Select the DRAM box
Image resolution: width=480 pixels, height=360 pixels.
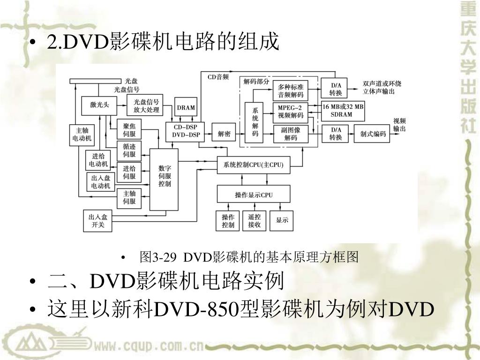click(x=186, y=107)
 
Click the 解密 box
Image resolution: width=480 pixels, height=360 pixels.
click(x=224, y=134)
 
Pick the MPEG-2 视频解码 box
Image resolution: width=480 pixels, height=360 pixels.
click(x=291, y=112)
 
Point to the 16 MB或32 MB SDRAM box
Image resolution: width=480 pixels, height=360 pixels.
click(x=343, y=111)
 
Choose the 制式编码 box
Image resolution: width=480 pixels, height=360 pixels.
click(x=373, y=134)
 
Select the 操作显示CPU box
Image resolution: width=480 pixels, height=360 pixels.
click(x=254, y=195)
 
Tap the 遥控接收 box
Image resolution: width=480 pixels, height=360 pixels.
click(x=254, y=221)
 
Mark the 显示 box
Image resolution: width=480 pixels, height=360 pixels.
click(x=282, y=221)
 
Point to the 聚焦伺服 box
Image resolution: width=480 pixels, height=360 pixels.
click(x=129, y=129)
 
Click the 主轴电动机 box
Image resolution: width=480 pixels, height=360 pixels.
click(x=82, y=135)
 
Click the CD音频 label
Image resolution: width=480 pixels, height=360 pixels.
click(x=218, y=76)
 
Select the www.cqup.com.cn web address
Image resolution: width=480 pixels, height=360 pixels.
click(x=148, y=347)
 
